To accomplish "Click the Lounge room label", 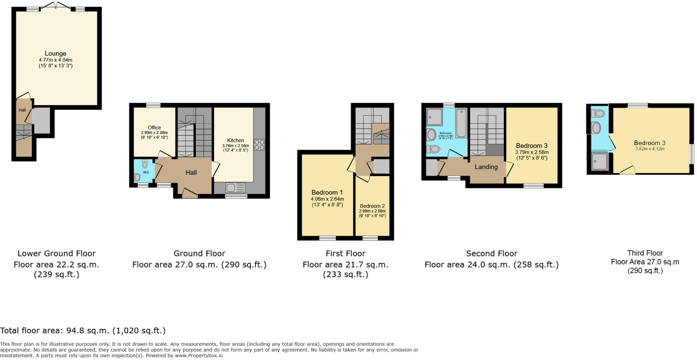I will pos(55,53).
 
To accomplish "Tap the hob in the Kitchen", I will pos(259,145).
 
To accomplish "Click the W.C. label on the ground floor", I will pos(146,172).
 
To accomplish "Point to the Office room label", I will pos(154,127).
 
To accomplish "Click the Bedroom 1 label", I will pos(327,192).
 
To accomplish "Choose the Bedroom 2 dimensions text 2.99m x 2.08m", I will pos(372,211).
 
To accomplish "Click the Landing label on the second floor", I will pos(486,167).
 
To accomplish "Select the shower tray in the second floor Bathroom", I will pos(435,117).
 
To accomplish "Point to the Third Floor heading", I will pos(645,253).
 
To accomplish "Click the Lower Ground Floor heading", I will pos(56,253).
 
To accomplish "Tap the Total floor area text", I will pos(83,331).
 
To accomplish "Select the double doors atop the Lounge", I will pos(56,5).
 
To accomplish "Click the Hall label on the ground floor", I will pos(191,173).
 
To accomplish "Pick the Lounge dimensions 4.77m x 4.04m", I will pos(56,60).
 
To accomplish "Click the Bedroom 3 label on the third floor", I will pos(649,143).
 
